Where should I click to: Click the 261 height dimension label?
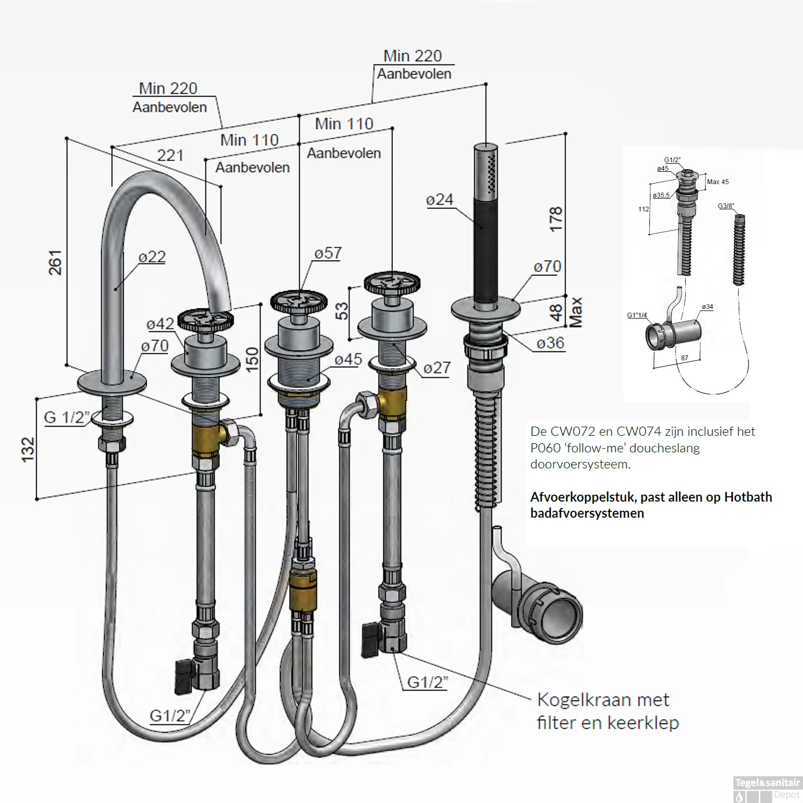coord(55,262)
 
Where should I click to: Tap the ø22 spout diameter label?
coord(151,257)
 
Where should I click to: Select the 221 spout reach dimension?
coord(170,155)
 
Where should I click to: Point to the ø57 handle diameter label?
coord(328,253)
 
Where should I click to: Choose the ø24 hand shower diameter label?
coord(440,200)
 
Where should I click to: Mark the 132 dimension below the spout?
coord(28,449)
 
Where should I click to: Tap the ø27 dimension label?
coord(436,368)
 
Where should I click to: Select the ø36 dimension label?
coord(550,343)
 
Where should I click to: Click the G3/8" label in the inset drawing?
coord(725,206)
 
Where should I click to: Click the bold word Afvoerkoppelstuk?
coord(584,497)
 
